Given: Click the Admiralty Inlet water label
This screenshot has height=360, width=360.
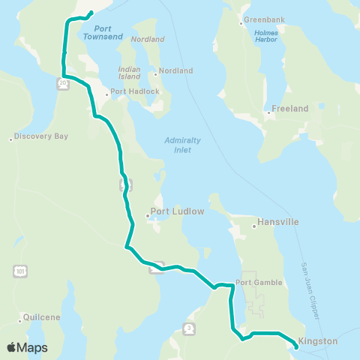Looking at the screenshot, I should tap(178, 145).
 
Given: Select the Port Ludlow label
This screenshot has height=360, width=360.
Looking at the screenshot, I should tap(178, 211).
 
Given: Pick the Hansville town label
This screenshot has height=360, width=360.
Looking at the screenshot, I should tap(278, 222).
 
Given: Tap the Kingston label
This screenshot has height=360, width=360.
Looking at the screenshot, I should tap(318, 340).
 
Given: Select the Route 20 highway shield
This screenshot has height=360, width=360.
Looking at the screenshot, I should tap(63, 84).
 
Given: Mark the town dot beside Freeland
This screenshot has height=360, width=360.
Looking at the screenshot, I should tap(268, 113).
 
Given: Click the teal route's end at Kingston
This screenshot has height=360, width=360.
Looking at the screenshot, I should tap(291, 343).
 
